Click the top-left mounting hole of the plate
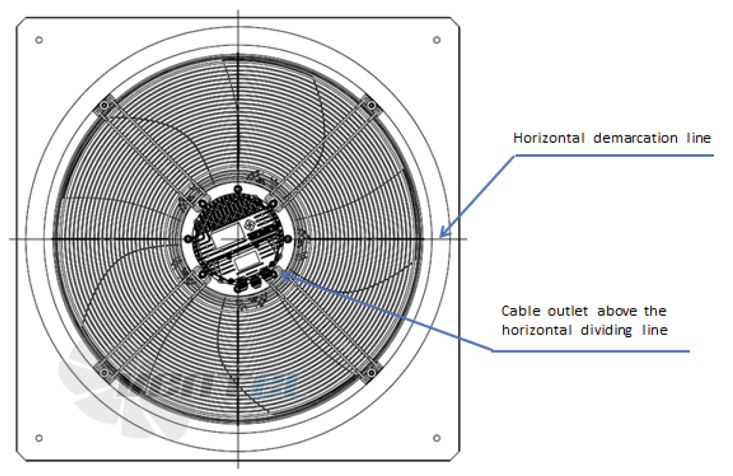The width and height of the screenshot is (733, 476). [39, 40]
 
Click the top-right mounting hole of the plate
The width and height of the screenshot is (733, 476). [436, 40]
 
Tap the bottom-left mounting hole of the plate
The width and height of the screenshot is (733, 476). [39, 438]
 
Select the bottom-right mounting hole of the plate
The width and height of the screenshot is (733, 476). [436, 438]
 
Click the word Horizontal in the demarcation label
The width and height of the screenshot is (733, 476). [549, 138]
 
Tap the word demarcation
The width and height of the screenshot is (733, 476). [635, 139]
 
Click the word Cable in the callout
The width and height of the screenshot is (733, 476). [521, 311]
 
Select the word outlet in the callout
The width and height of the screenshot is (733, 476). [568, 311]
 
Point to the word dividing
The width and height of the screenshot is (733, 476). [606, 330]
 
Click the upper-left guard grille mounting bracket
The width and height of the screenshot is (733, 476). [104, 106]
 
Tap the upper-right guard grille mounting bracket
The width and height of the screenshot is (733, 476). [372, 106]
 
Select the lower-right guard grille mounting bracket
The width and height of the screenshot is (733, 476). [372, 372]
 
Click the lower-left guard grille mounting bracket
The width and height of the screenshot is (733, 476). [104, 372]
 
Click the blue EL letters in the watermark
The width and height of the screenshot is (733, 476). [275, 386]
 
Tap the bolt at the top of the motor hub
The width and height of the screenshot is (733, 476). [238, 189]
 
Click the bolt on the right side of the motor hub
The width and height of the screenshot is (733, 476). [288, 239]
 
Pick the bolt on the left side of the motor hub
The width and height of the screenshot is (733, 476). [188, 239]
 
